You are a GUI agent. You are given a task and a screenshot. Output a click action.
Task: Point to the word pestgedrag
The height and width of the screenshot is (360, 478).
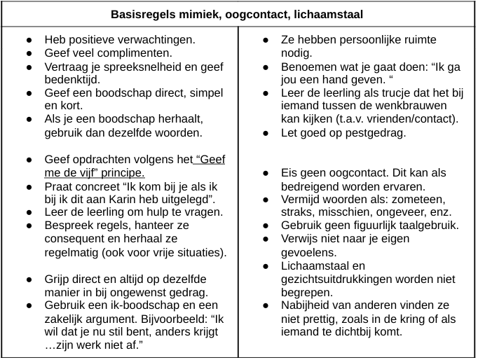pyautogui.click(x=370, y=133)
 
